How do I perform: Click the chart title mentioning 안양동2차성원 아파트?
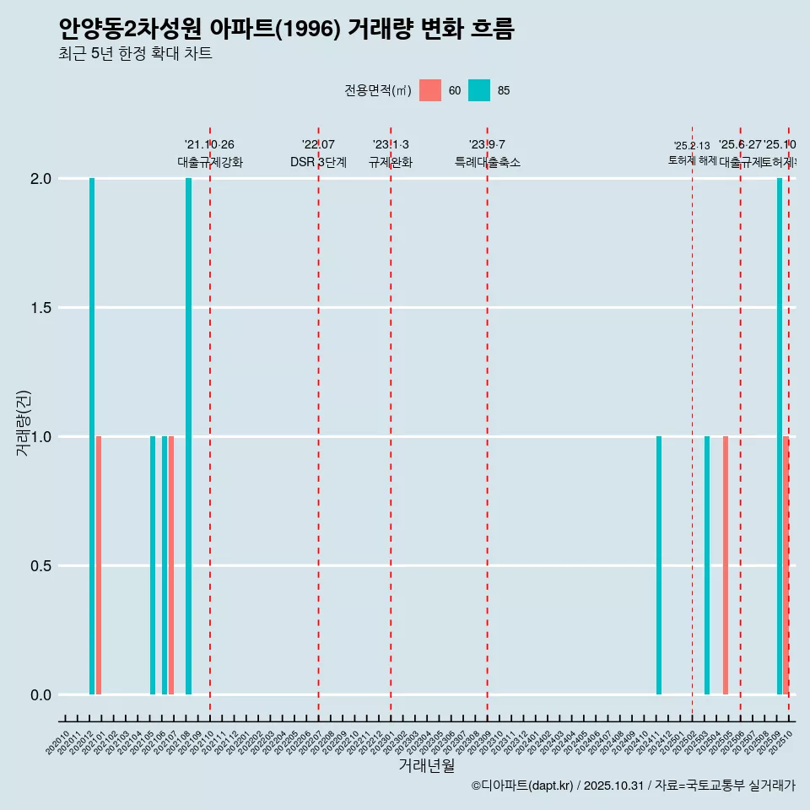click(x=286, y=29)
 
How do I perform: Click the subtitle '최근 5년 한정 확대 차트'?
click(x=135, y=54)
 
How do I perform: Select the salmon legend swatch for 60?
click(x=430, y=90)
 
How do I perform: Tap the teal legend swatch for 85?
click(x=479, y=90)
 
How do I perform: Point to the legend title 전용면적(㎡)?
click(x=377, y=90)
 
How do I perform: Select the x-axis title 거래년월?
click(x=426, y=766)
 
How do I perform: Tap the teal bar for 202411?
click(x=659, y=565)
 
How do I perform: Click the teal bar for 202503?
click(x=707, y=565)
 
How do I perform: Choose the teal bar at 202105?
click(x=153, y=565)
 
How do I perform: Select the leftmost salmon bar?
click(x=99, y=565)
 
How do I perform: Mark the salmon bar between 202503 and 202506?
click(x=726, y=565)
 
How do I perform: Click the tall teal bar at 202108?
click(x=188, y=436)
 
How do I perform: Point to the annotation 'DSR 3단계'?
click(x=318, y=163)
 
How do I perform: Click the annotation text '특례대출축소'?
click(x=487, y=163)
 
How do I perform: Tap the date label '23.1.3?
click(x=391, y=145)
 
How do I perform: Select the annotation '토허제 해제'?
click(x=692, y=159)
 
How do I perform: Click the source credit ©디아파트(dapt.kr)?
click(x=523, y=786)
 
